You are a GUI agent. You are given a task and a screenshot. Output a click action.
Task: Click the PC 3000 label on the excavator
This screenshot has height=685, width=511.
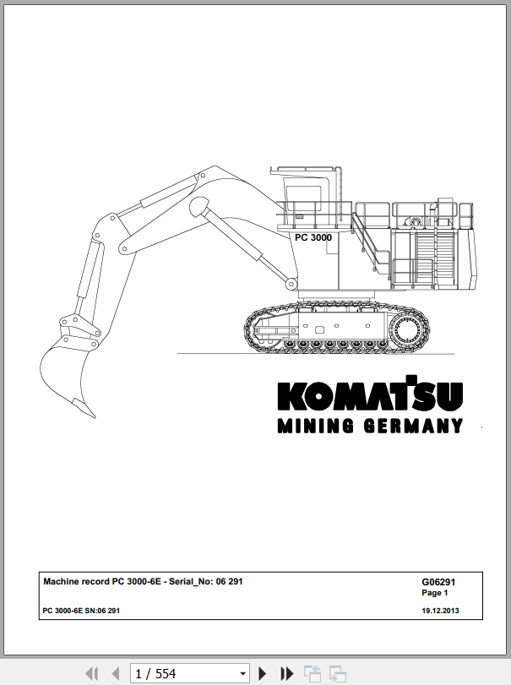313,237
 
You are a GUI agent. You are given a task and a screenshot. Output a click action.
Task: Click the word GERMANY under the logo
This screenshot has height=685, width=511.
413,426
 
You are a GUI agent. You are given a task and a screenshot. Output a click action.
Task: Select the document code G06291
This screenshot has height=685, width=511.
438,582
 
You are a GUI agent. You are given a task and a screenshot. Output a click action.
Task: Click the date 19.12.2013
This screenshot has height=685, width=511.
440,611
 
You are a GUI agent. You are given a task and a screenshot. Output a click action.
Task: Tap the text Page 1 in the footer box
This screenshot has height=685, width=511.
435,593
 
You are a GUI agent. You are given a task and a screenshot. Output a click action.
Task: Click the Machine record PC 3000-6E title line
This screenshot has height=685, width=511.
143,581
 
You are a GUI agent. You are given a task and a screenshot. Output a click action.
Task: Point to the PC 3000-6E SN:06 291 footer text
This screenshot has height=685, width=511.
81,611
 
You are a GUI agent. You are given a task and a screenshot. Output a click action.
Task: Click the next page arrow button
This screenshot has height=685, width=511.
262,673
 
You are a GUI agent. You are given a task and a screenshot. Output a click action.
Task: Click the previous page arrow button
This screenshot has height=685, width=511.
116,673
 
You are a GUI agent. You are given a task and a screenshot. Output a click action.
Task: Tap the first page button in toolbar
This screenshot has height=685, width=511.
92,673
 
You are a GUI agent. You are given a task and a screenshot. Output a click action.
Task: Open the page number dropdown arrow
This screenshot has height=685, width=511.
243,674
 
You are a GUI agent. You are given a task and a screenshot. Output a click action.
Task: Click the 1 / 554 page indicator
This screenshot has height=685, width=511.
155,674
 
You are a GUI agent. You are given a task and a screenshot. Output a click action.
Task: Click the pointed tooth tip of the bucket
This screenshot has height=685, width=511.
94,416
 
